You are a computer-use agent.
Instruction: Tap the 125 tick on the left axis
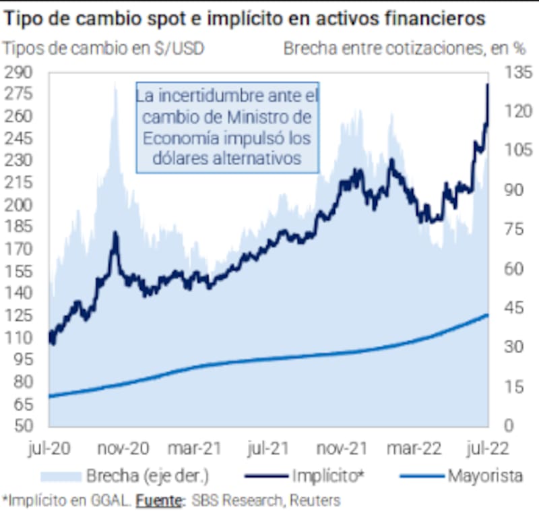coord(19,315)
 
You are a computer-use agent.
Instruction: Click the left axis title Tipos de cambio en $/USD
coord(104,49)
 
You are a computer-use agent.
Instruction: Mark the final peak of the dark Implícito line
coord(487,84)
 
